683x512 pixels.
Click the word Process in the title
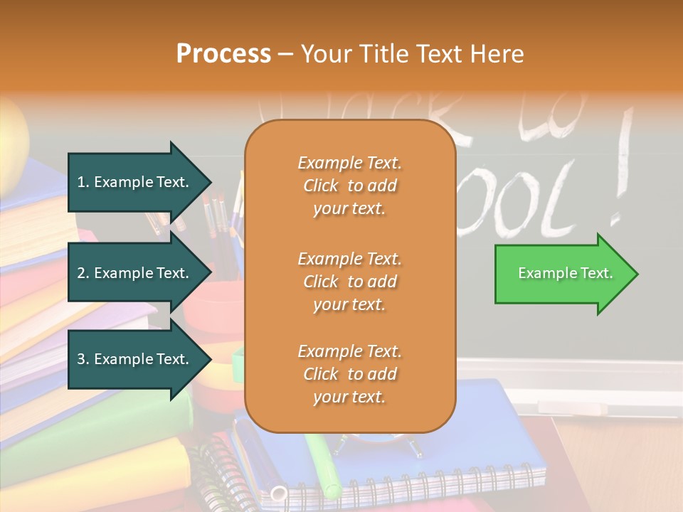coord(223,54)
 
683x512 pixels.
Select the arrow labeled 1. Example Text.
coord(135,182)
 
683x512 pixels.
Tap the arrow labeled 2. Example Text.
coord(135,273)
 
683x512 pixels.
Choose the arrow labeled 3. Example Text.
coord(135,359)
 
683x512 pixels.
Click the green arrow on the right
coord(562,274)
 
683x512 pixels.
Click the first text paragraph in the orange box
coord(349,186)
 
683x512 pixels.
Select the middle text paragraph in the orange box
coord(349,282)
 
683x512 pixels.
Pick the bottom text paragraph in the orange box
coord(349,374)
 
